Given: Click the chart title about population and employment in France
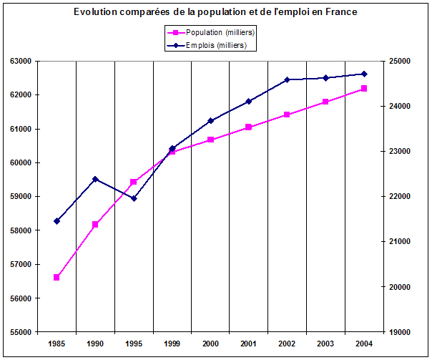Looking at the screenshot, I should [215, 12].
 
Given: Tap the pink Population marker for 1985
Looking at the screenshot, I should [57, 277].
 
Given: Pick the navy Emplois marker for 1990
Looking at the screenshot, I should [95, 179].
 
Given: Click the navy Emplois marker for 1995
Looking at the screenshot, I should [134, 198].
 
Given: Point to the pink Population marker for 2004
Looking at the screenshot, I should [364, 88].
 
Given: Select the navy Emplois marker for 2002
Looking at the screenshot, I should [288, 79].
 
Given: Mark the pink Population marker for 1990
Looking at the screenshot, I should [95, 225].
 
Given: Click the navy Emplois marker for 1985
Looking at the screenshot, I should [57, 221].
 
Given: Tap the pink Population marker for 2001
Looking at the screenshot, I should [249, 127].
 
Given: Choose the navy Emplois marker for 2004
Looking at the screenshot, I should [364, 74].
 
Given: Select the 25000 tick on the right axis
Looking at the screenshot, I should [401, 62].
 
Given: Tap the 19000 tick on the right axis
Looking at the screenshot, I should [401, 332].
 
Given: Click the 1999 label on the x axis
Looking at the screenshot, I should [172, 344].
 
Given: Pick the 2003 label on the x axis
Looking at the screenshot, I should [325, 344].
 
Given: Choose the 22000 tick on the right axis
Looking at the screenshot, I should [401, 197].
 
